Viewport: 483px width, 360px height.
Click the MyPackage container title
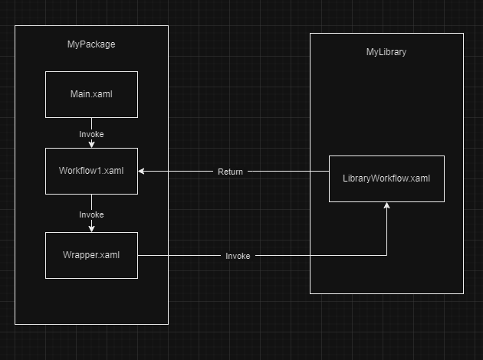[x=91, y=44]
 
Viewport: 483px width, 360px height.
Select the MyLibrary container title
[x=386, y=52]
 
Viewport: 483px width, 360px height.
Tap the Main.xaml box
[x=91, y=94]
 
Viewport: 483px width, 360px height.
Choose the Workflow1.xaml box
[x=91, y=171]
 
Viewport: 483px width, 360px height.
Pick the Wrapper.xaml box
[x=91, y=255]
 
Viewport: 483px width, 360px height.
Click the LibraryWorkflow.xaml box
[x=386, y=178]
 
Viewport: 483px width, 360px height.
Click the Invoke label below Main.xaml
[x=91, y=134]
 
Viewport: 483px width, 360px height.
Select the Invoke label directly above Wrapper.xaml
[x=91, y=214]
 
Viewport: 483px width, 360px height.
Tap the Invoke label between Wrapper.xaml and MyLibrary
[x=238, y=256]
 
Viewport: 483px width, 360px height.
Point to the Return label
[x=230, y=172]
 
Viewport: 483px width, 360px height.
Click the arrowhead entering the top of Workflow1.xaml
[x=91, y=145]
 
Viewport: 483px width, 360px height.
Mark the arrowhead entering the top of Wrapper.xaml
[x=91, y=228]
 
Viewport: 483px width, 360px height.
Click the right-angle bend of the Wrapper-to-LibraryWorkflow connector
[x=386, y=256]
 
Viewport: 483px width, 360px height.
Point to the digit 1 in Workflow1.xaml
[x=103, y=171]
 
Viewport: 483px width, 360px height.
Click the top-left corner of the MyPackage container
[x=15, y=26]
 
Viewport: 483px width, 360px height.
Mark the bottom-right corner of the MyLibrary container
[x=463, y=293]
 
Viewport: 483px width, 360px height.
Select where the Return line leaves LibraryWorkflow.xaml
[x=329, y=172]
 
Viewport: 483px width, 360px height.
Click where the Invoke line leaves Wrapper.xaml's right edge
[x=138, y=256]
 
